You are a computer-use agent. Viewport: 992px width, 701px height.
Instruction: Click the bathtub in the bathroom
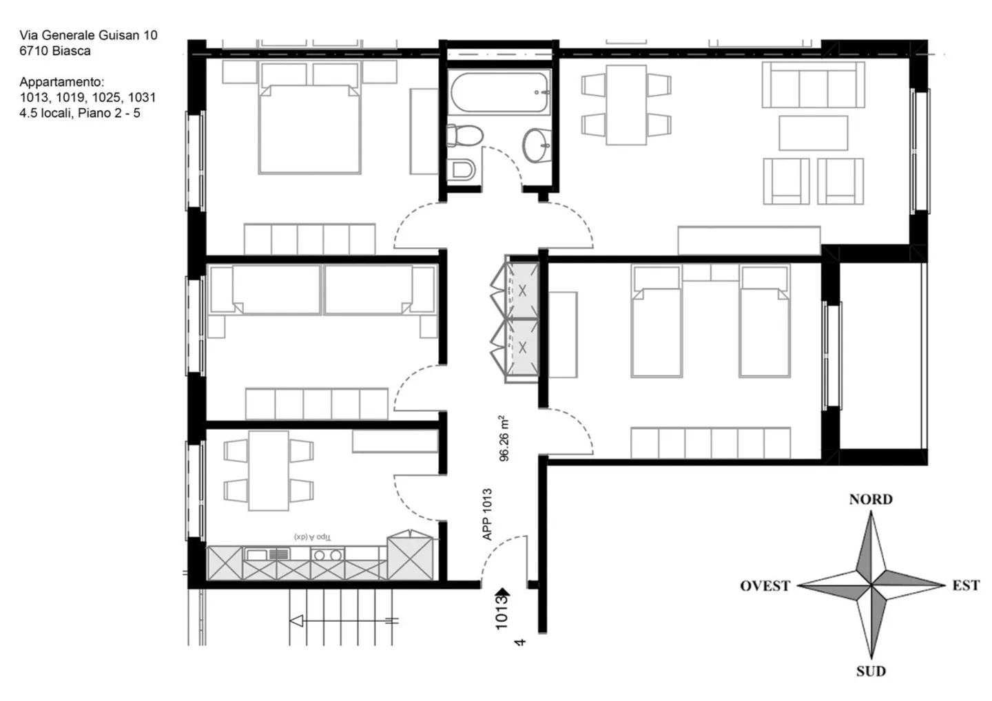499,92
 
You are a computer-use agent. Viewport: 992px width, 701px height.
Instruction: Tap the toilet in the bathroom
464,136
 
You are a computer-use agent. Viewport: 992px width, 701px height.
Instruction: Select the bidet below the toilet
461,169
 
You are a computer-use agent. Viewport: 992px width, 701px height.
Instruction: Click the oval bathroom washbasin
537,145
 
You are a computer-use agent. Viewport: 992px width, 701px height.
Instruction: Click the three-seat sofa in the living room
813,85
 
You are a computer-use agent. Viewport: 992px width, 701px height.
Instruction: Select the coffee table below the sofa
813,133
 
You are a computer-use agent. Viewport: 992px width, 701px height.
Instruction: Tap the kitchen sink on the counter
267,555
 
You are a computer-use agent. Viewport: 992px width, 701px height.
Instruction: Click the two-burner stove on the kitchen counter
327,554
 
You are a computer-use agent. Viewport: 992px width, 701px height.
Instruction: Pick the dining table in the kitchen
269,471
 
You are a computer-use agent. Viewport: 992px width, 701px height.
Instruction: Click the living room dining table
626,105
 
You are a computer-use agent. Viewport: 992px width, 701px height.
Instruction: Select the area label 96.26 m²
504,438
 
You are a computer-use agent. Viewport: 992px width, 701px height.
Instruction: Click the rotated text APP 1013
486,514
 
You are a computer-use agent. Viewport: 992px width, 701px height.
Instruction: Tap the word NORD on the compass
871,499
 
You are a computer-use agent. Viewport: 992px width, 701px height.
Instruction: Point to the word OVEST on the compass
765,586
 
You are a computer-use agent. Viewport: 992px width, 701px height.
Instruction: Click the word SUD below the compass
871,671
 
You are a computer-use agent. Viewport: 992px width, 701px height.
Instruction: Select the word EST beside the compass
966,585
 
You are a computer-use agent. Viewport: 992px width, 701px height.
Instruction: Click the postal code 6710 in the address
34,51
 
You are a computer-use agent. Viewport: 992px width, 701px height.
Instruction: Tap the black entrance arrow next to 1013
503,593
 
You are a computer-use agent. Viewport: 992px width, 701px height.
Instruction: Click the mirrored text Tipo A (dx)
312,537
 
